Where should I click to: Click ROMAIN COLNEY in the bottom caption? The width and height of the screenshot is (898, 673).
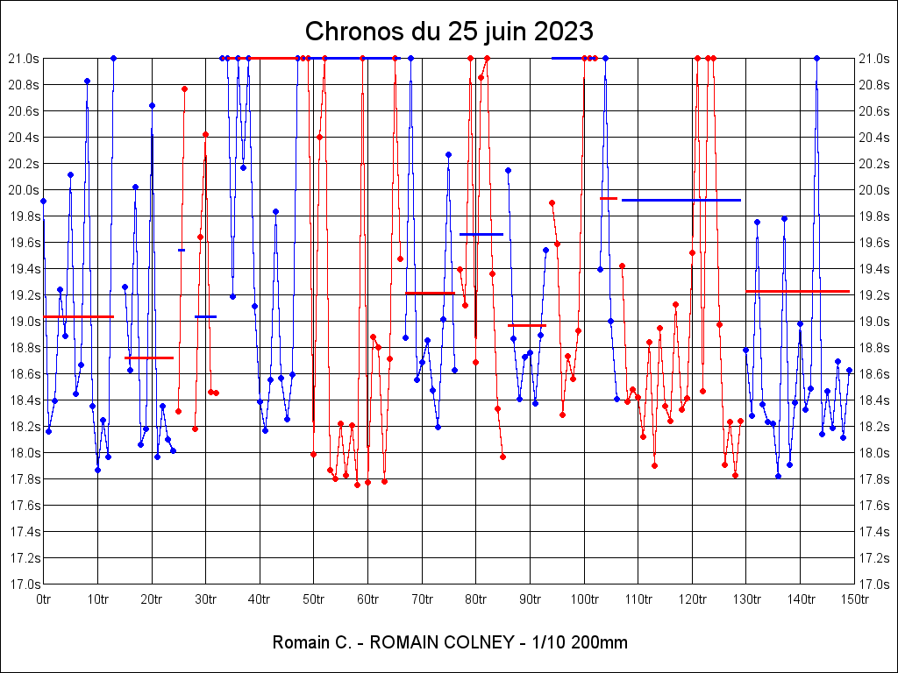click(x=442, y=642)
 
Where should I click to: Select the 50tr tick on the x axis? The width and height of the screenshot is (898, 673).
click(x=314, y=599)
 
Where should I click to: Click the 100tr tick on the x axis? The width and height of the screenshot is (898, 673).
click(x=584, y=599)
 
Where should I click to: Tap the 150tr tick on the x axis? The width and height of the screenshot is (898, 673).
click(x=854, y=599)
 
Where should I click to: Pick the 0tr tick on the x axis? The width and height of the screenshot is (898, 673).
click(x=44, y=599)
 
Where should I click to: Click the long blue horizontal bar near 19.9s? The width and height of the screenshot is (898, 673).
click(x=681, y=200)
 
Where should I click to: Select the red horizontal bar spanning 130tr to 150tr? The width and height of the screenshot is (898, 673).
click(x=798, y=291)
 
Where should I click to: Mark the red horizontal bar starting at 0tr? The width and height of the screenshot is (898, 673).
click(x=78, y=316)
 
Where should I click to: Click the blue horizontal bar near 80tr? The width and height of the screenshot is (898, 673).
click(x=481, y=234)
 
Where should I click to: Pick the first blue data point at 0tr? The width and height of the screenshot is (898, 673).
click(x=43, y=201)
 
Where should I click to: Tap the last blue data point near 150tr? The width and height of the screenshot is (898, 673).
click(x=849, y=370)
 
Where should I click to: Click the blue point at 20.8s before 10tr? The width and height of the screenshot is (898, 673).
click(x=87, y=81)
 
